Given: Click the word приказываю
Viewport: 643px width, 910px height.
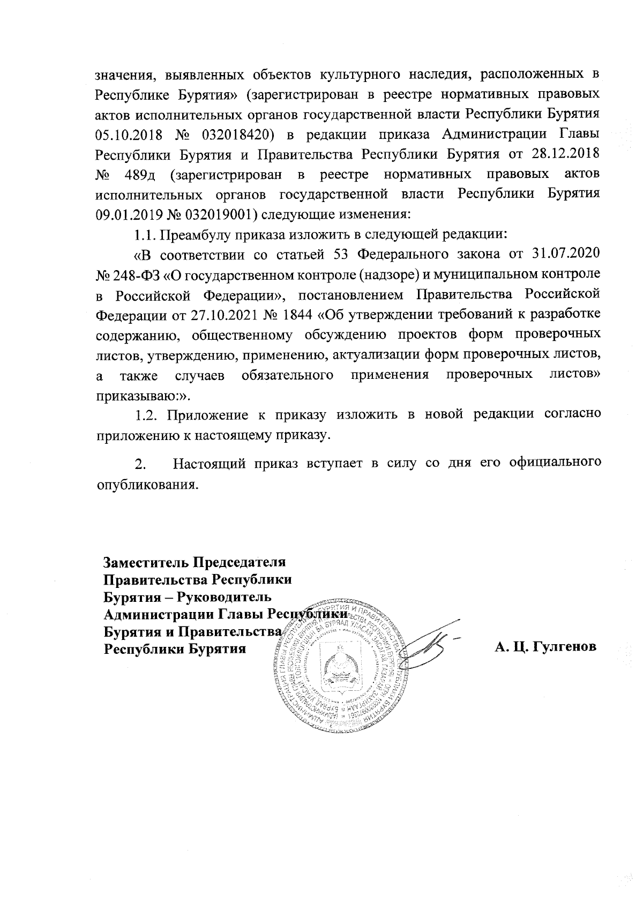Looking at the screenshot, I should point(135,396).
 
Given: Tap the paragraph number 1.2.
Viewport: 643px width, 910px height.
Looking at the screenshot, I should point(145,415).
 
